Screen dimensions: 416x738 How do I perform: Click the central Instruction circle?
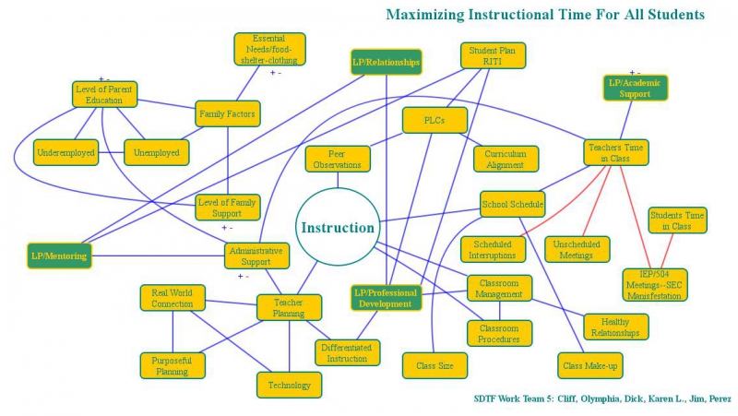[x=339, y=228]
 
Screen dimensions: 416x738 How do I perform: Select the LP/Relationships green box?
[x=387, y=63]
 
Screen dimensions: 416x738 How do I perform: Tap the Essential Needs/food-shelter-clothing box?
[x=268, y=49]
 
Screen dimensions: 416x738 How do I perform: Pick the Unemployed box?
[x=156, y=152]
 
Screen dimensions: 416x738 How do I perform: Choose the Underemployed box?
[x=65, y=152]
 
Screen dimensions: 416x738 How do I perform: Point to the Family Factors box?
[x=227, y=114]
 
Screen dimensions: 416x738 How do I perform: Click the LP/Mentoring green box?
[x=60, y=256]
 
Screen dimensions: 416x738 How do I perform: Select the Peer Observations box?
[x=338, y=159]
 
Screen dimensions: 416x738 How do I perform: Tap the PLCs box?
[x=434, y=120]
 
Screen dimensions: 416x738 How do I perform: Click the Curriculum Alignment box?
[x=506, y=159]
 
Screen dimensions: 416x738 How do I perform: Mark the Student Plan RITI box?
[x=493, y=55]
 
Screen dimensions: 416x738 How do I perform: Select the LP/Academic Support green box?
[x=635, y=88]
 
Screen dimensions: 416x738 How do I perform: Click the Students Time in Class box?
[x=677, y=220]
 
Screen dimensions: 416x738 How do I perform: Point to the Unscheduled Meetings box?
[x=577, y=249]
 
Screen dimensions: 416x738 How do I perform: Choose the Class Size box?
[x=434, y=365]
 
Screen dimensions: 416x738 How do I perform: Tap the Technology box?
[x=290, y=385]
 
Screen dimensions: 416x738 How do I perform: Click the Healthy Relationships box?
[x=616, y=327]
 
